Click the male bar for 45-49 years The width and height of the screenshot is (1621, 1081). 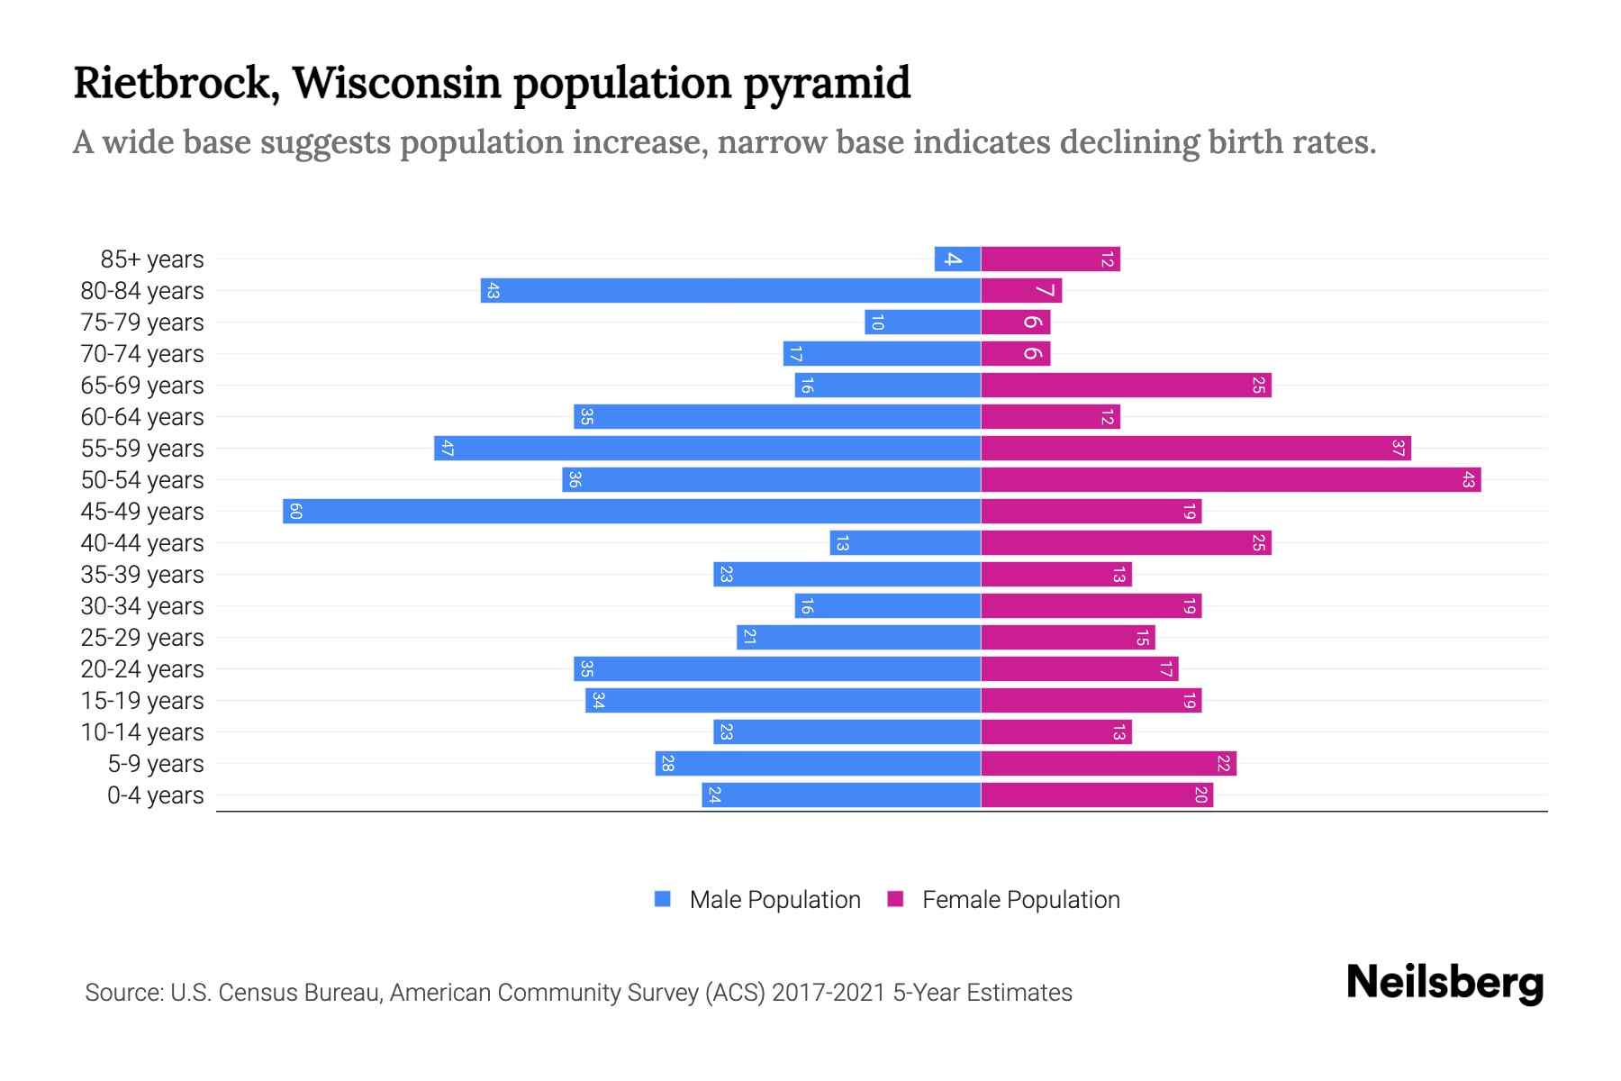[630, 511]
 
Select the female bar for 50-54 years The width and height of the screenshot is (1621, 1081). [1230, 479]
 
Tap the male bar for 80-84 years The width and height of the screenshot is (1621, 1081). [729, 290]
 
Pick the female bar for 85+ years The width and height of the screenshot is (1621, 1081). [1050, 259]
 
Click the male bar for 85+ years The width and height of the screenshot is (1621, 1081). [957, 259]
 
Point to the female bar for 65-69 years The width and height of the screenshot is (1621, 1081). [1126, 385]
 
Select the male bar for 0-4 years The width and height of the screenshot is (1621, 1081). [841, 795]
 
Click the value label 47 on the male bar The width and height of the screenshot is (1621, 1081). [447, 448]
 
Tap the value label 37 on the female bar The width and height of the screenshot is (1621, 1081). [1398, 448]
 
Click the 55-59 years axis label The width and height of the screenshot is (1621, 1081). [142, 448]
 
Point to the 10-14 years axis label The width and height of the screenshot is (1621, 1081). [142, 731]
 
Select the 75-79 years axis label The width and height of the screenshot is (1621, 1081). [142, 322]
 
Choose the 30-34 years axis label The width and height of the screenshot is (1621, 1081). [142, 605]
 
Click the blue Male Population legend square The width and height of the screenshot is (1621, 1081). [663, 899]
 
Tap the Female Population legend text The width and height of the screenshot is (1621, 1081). [1020, 899]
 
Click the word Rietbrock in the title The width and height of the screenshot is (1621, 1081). [171, 82]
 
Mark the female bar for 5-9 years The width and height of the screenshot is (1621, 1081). [1108, 763]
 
